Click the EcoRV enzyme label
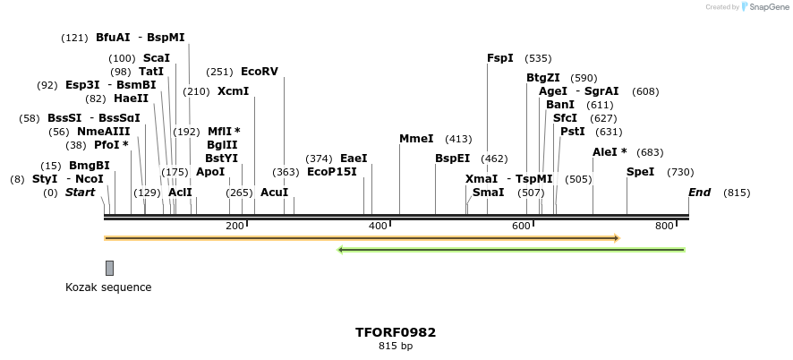[260, 72]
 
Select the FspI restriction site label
[500, 58]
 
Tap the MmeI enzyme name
[416, 139]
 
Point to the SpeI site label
[640, 172]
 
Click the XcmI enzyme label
[233, 91]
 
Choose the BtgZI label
[543, 78]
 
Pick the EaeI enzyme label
[354, 159]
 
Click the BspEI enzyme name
[452, 159]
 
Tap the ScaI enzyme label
[157, 58]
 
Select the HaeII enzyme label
[131, 99]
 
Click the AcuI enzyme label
[274, 193]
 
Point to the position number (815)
[737, 193]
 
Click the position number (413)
[458, 139]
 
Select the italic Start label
[80, 193]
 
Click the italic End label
[699, 193]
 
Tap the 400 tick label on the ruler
[378, 226]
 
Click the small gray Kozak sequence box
[109, 268]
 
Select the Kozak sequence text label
[108, 287]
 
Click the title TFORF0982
[396, 332]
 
